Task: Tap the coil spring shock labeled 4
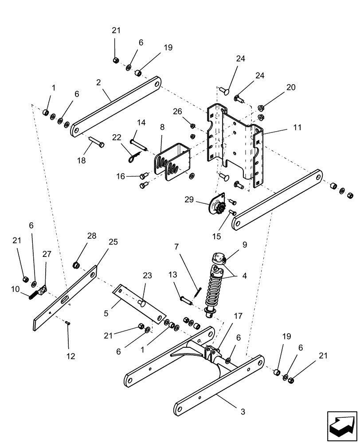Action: tap(215, 288)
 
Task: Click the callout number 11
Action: tap(297, 127)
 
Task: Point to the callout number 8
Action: tap(162, 127)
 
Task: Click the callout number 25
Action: tap(113, 241)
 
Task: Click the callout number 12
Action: tap(70, 356)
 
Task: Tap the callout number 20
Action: tap(290, 87)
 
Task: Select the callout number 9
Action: tap(244, 244)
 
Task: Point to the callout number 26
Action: tap(178, 111)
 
